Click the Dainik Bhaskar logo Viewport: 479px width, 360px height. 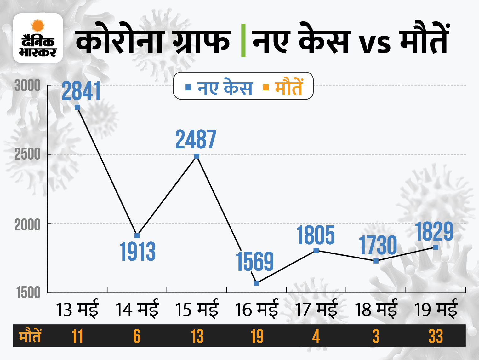tap(38, 38)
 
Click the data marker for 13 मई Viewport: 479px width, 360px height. tap(77, 107)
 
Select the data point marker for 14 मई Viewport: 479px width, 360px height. tap(137, 235)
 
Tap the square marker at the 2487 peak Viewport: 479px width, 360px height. tap(197, 156)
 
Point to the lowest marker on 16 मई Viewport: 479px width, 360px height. tap(256, 283)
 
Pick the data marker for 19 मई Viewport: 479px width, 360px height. tap(436, 247)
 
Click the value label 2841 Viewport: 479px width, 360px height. tap(81, 91)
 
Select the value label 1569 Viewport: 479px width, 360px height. tap(255, 261)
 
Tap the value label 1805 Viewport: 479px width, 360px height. tap(316, 235)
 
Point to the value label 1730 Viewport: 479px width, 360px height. tap(378, 245)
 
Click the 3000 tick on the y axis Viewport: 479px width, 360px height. tap(28, 86)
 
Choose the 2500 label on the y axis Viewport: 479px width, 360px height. tap(28, 154)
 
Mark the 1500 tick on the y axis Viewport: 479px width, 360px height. tap(28, 293)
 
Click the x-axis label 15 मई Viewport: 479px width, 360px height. tap(197, 309)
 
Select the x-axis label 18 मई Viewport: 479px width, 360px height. tap(376, 309)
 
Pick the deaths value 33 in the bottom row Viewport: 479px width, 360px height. tap(436, 336)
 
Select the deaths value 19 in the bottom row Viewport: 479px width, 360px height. tap(257, 336)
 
